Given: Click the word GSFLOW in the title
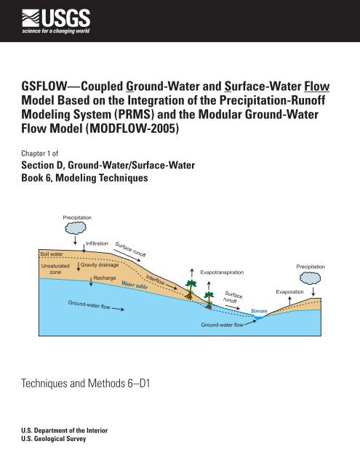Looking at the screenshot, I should click(x=48, y=88).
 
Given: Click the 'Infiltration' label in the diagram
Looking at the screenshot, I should click(x=97, y=243).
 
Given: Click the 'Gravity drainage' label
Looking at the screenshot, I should click(x=100, y=266).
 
